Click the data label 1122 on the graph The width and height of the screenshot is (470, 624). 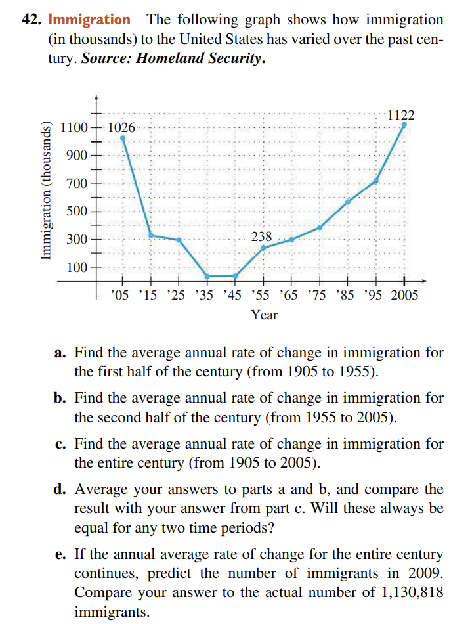click(400, 114)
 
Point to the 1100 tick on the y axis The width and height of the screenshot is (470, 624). click(72, 127)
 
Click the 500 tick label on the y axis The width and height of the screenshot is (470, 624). click(76, 212)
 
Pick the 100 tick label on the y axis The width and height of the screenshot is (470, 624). click(76, 267)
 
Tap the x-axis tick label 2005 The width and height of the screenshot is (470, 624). click(404, 295)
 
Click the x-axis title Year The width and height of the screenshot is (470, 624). click(264, 315)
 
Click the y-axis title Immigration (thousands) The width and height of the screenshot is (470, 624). click(46, 191)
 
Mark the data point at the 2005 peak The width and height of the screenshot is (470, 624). click(404, 123)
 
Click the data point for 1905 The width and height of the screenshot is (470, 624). click(123, 137)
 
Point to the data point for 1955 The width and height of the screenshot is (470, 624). click(263, 248)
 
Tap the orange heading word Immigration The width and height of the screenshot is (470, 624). click(89, 20)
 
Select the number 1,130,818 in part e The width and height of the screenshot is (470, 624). click(412, 592)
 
